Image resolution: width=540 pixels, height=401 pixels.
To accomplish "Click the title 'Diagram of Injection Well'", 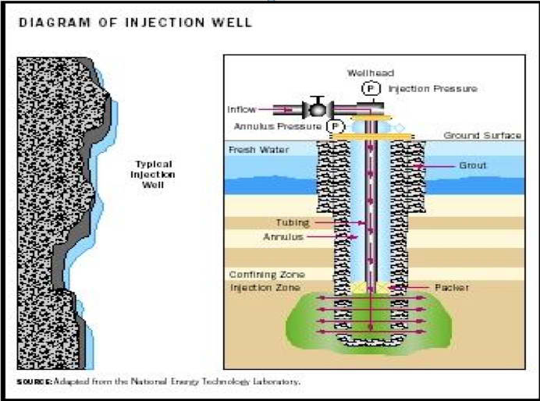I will (x=136, y=23).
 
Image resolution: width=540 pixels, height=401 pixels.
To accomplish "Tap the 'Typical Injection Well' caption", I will (x=153, y=174).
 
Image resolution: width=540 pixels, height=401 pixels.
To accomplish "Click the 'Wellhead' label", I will (x=365, y=73).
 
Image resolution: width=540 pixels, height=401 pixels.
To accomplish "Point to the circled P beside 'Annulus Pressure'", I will (x=335, y=126).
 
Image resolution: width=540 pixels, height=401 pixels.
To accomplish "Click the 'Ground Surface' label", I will (x=482, y=136).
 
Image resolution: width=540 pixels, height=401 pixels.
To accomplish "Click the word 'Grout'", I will (x=473, y=165).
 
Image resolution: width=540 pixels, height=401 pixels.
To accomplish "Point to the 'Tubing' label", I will (x=293, y=222).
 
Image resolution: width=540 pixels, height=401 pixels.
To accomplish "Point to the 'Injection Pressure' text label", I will (x=432, y=89).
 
